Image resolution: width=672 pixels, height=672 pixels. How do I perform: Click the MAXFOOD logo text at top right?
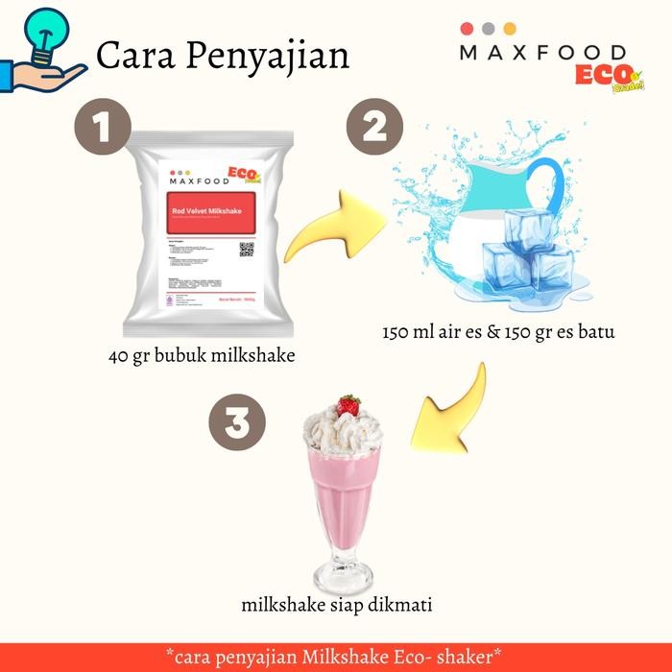tap(542, 53)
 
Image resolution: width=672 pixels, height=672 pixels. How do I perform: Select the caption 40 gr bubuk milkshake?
tap(201, 357)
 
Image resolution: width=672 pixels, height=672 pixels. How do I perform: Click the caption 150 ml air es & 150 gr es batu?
tap(499, 333)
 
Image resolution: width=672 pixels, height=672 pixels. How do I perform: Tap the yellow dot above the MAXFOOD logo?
tap(508, 29)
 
